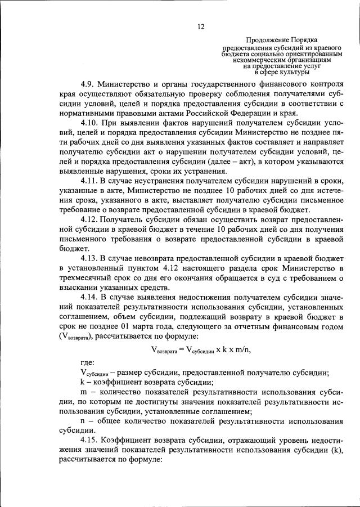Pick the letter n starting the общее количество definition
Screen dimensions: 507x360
pos(83,421)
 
